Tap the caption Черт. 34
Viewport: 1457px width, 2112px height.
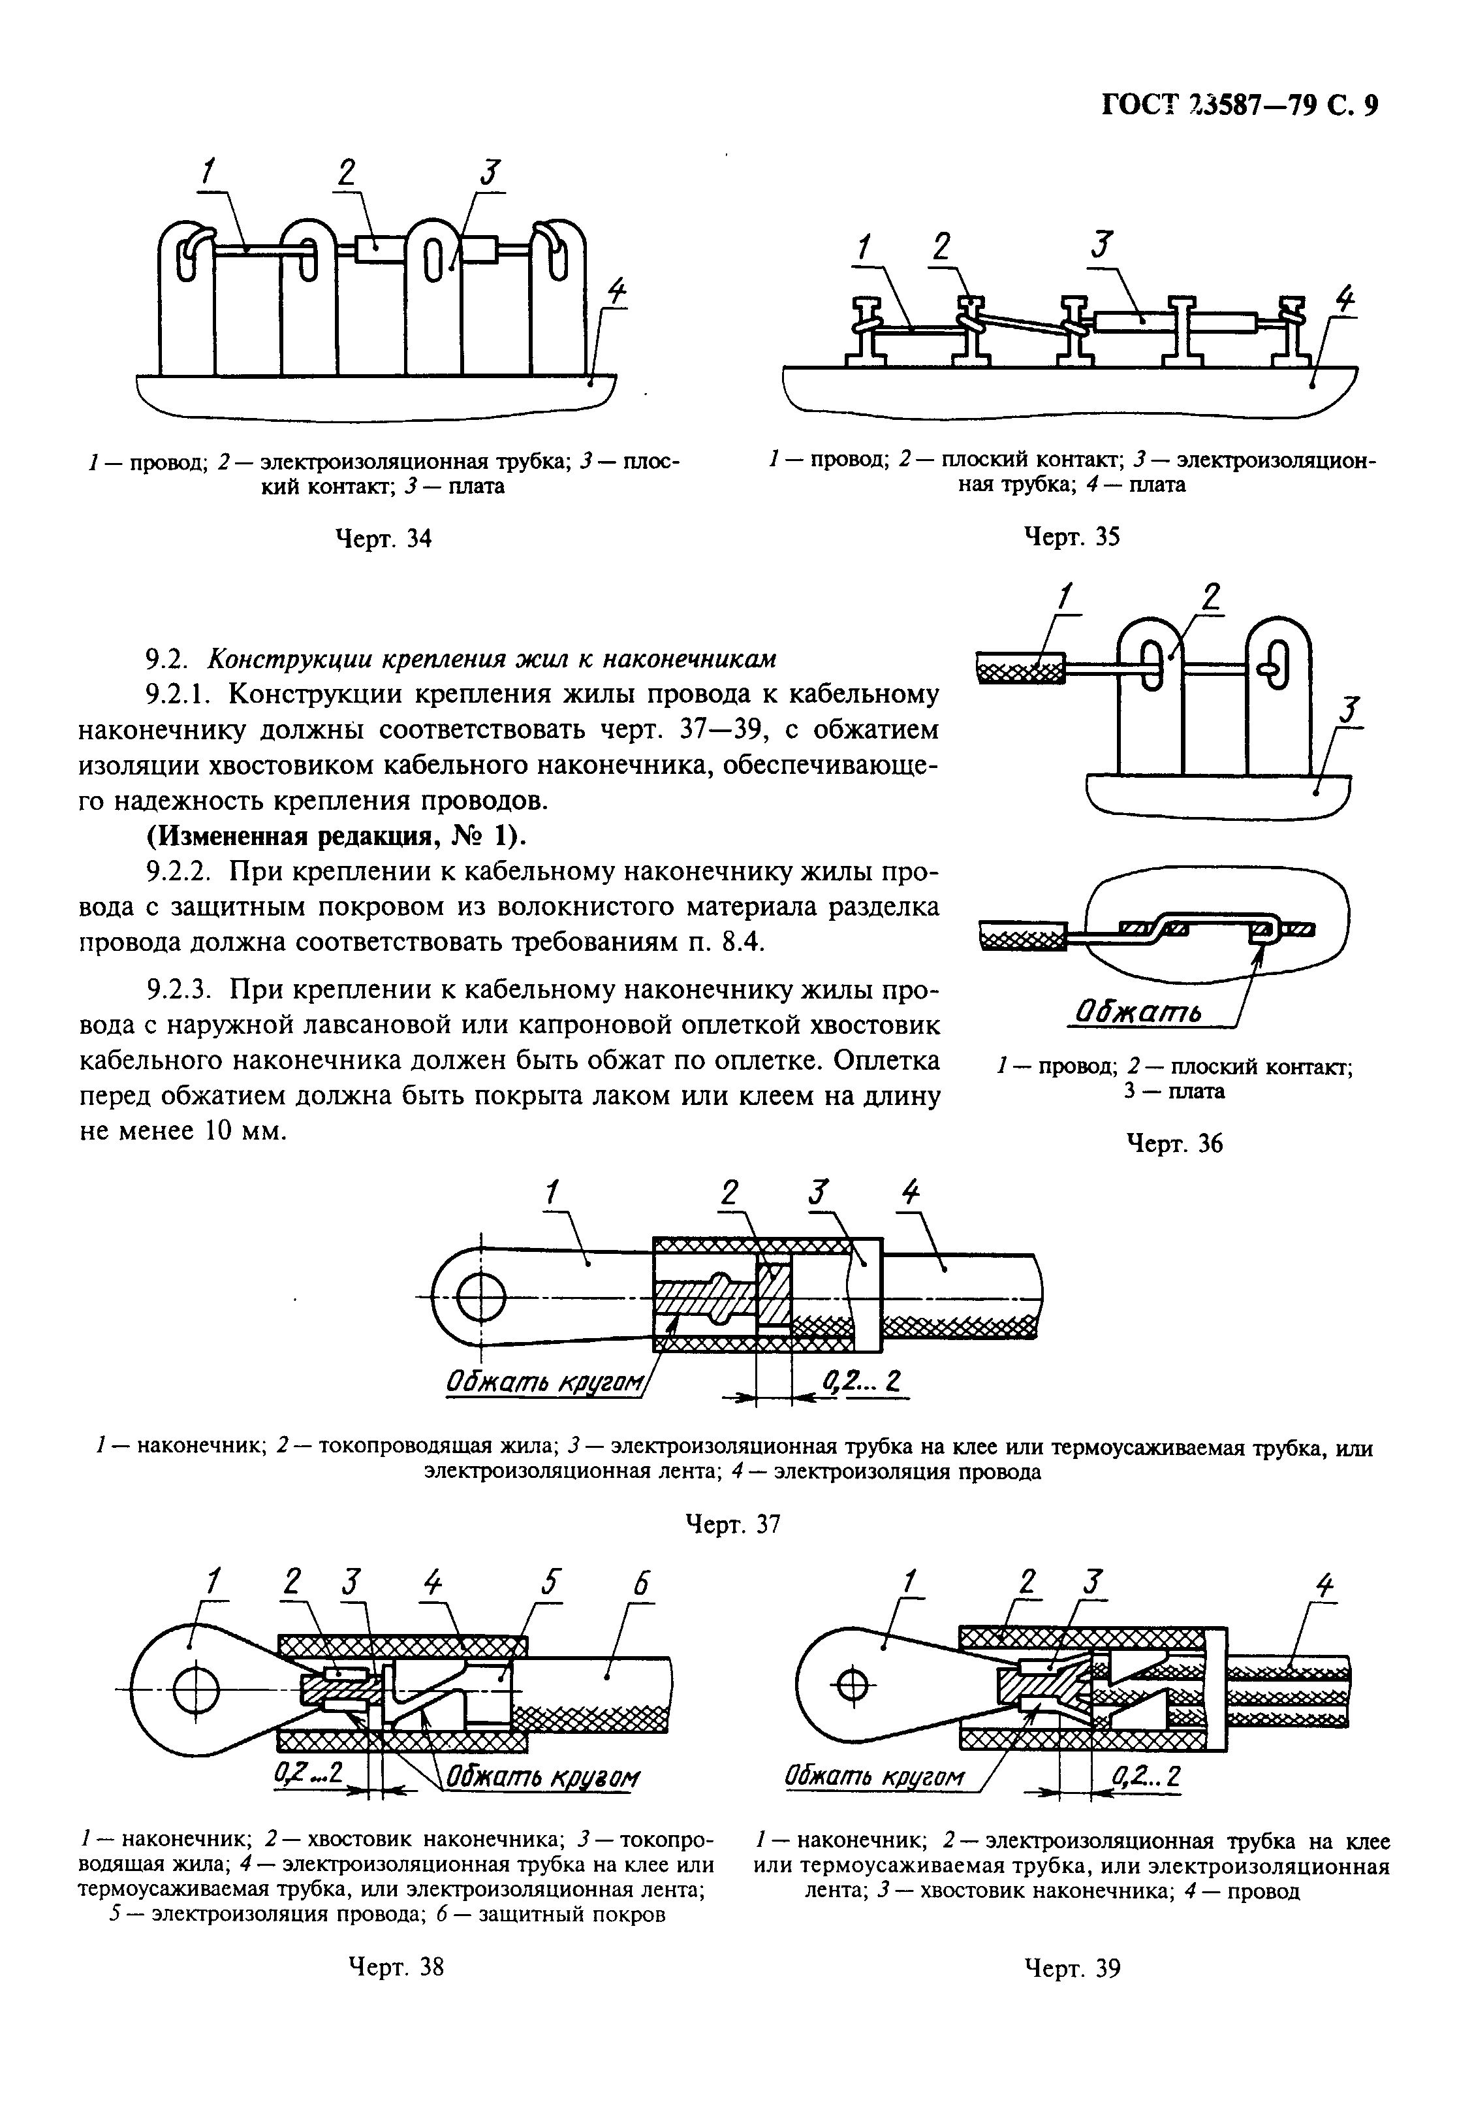pyautogui.click(x=383, y=539)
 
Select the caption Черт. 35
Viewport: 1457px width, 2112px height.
pyautogui.click(x=1071, y=536)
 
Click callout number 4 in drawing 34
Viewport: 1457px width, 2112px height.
pyautogui.click(x=617, y=291)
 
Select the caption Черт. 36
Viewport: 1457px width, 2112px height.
pyautogui.click(x=1174, y=1144)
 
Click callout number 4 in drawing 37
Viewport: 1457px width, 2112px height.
pyautogui.click(x=910, y=1192)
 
